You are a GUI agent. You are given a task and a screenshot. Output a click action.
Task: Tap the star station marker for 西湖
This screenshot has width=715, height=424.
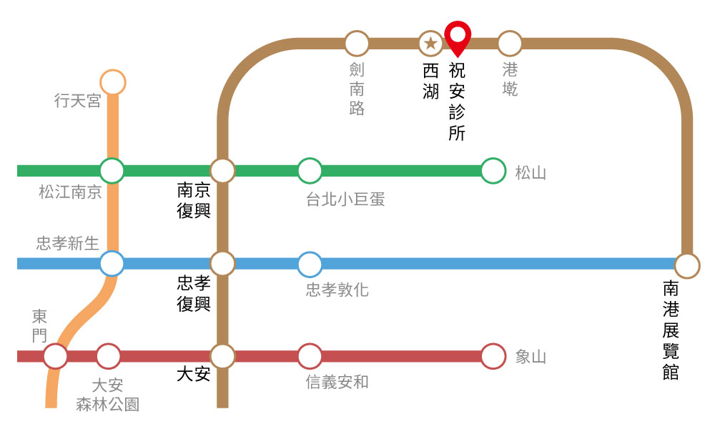[x=430, y=44]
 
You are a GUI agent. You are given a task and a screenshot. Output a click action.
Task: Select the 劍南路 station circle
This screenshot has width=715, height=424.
[x=357, y=44]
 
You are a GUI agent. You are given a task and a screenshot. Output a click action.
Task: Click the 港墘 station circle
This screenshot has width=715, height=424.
[x=510, y=44]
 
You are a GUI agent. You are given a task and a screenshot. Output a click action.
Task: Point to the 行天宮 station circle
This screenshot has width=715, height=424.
[x=112, y=82]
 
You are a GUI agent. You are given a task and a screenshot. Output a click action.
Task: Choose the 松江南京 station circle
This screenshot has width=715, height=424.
[x=112, y=171]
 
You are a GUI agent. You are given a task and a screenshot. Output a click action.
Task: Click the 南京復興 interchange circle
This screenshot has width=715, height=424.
[x=222, y=171]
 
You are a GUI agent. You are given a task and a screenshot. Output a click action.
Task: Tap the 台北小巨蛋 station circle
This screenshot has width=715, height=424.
[x=310, y=171]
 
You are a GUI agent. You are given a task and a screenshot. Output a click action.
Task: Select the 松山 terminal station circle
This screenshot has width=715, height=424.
[x=493, y=171]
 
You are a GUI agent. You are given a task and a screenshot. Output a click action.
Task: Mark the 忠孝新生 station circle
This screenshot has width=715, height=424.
[x=112, y=263]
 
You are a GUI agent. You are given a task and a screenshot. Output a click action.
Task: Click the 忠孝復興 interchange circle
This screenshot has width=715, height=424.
[x=222, y=263]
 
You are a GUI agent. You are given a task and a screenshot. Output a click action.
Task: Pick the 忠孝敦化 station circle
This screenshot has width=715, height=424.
[x=310, y=263]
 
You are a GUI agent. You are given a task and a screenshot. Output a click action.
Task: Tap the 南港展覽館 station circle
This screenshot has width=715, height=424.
[x=687, y=266]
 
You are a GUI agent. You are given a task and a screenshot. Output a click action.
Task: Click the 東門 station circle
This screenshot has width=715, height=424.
[x=56, y=356]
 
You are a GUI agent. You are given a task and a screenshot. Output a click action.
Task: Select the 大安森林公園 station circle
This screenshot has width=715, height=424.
[x=108, y=356]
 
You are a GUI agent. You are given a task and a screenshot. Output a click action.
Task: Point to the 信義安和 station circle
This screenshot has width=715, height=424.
[x=310, y=356]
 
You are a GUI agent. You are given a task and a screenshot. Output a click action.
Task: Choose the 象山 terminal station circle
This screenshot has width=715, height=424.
[x=493, y=356]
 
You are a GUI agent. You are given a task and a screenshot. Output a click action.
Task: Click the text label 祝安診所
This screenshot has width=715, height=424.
[x=457, y=102]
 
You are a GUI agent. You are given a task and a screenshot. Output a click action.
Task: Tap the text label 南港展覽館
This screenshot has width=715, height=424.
[x=671, y=330]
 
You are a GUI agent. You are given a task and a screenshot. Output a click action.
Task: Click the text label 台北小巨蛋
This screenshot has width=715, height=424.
[x=345, y=199]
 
